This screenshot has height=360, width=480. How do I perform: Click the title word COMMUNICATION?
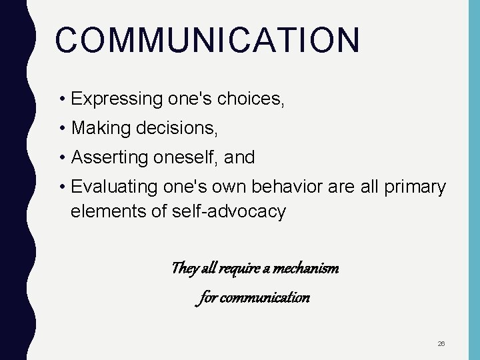[x=207, y=40]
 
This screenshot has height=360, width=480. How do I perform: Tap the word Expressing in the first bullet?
[x=108, y=100]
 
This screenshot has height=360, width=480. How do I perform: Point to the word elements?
[x=102, y=212]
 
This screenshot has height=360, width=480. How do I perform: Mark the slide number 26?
[x=441, y=343]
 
